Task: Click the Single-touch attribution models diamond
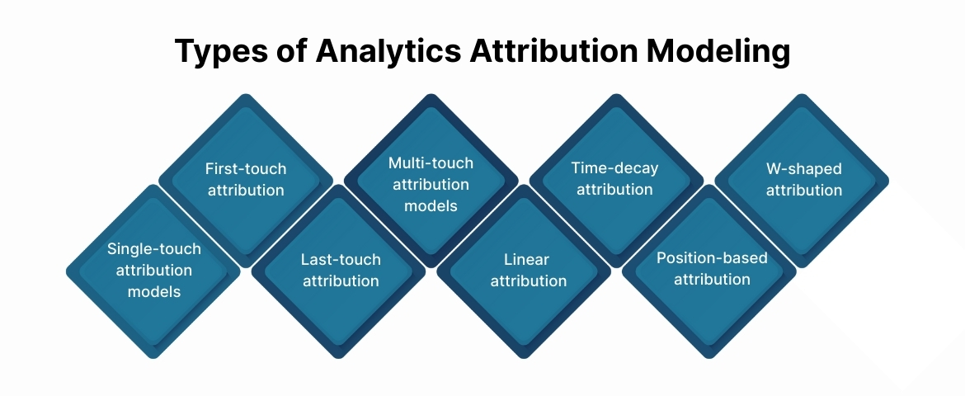153,271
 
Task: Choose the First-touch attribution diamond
246,180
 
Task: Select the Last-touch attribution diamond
339,271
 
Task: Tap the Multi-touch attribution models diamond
431,180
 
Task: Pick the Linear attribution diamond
526,271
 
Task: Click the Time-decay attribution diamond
614,180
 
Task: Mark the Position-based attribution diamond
711,271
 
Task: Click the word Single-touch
153,248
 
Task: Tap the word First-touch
246,169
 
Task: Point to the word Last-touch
340,260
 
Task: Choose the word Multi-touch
431,163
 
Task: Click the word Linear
526,260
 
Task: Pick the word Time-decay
614,169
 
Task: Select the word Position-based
711,258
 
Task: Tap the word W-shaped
803,169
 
